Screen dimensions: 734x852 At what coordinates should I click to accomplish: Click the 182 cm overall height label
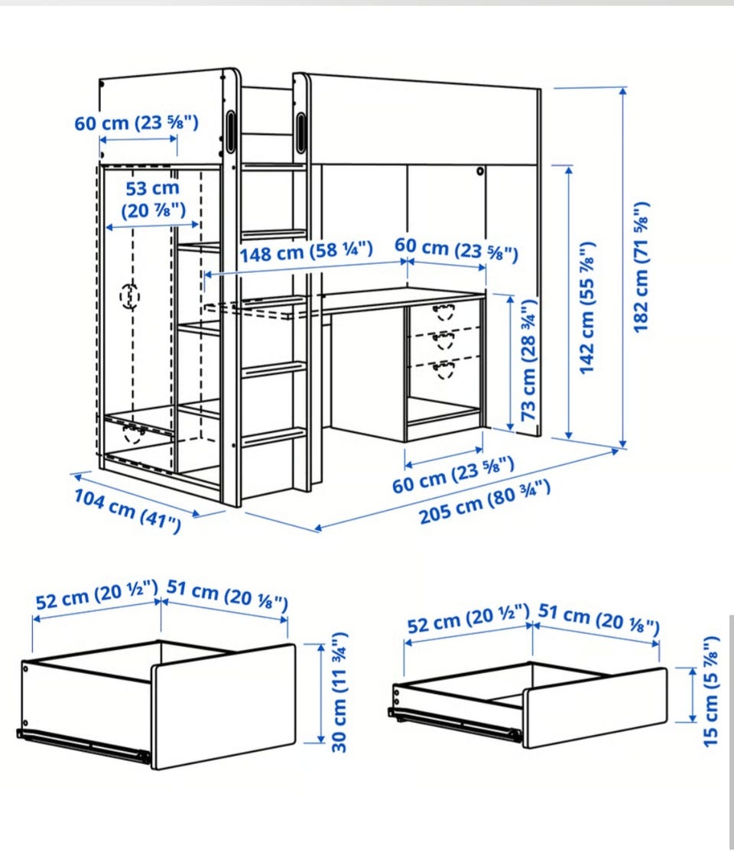pos(641,267)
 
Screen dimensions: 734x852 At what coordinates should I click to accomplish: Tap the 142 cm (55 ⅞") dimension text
pos(586,309)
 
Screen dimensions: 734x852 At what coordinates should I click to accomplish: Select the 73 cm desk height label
pos(529,359)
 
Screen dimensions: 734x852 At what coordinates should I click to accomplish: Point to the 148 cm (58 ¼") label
pos(307,252)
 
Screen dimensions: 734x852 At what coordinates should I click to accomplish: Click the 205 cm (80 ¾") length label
pos(485,502)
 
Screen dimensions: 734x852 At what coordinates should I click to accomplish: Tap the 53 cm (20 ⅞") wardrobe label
pos(153,200)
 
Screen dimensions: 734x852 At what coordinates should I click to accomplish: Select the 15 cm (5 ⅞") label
pos(710,691)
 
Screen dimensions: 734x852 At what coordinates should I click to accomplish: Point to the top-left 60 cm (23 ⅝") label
pos(136,123)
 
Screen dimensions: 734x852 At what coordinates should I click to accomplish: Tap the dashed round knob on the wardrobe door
pos(130,296)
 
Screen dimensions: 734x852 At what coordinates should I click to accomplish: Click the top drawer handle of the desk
pos(444,312)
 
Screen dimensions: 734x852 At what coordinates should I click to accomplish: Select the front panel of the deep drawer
pos(223,707)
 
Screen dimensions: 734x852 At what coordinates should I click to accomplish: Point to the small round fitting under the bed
pos(479,172)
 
